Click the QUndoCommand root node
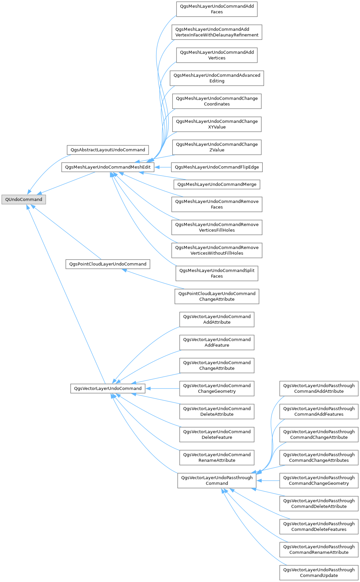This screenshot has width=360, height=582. click(x=24, y=200)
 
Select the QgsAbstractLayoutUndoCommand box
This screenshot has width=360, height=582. click(x=108, y=150)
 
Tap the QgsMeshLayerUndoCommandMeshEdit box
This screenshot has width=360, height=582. click(x=108, y=167)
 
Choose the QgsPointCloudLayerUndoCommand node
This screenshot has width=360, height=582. click(x=108, y=264)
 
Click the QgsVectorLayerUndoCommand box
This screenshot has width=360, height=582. click(x=108, y=388)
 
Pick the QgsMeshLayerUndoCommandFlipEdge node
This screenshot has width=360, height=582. click(x=217, y=167)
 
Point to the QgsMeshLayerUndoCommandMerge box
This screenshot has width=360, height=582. click(x=217, y=184)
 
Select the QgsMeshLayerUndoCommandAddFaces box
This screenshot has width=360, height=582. click(x=217, y=9)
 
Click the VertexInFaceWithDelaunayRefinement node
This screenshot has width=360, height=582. click(x=217, y=32)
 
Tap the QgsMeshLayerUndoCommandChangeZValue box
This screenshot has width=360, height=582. click(x=217, y=147)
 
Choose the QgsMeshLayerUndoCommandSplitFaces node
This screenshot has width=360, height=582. click(x=217, y=273)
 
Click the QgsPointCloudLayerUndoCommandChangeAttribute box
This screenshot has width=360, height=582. click(x=217, y=296)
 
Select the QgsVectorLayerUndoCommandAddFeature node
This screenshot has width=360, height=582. click(x=217, y=342)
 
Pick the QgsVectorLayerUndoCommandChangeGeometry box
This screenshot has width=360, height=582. click(x=217, y=388)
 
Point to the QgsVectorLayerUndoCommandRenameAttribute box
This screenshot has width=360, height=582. click(x=217, y=457)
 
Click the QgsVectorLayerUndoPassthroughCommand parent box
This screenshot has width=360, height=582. click(x=217, y=480)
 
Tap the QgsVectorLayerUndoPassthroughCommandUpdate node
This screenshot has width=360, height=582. click(x=319, y=572)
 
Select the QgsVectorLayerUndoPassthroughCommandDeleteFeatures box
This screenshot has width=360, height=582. click(x=319, y=527)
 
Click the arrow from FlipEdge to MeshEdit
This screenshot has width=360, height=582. click(x=163, y=167)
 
